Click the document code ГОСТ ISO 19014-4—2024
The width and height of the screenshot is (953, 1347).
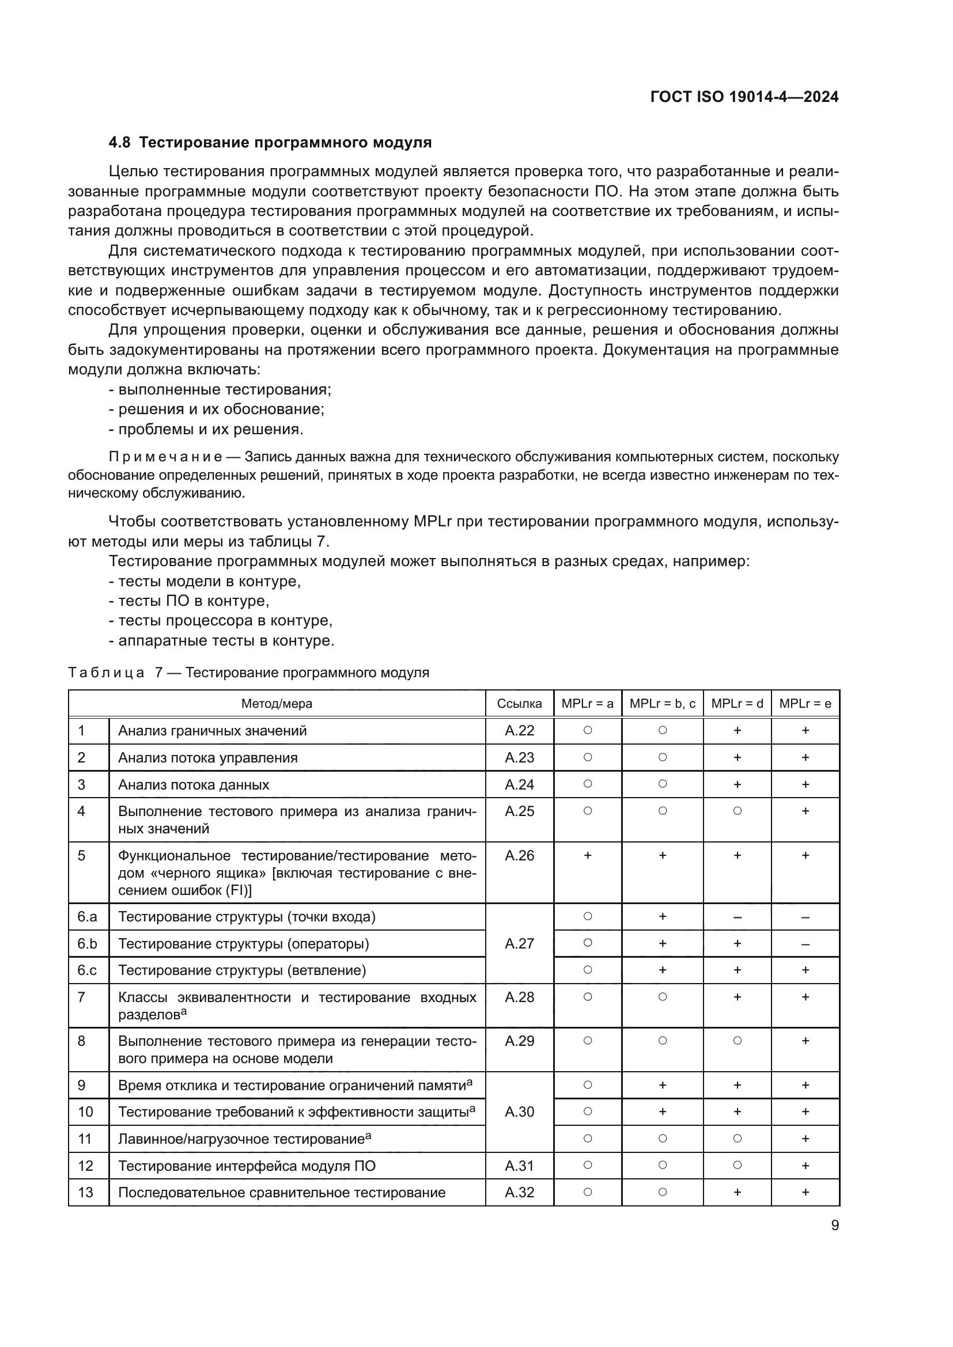[x=744, y=97]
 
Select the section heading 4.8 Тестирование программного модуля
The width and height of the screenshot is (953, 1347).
[x=270, y=143]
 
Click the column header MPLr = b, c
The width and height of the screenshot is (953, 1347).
[x=662, y=703]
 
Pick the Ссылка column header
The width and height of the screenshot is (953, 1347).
[x=519, y=703]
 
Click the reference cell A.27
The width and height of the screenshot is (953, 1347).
[x=519, y=943]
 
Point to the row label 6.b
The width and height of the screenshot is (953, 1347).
[x=88, y=943]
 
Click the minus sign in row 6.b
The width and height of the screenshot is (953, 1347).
[x=805, y=944]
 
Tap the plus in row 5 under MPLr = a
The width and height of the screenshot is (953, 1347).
[x=587, y=855]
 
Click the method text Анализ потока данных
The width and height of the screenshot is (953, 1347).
[x=194, y=784]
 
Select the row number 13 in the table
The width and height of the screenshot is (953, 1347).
[x=86, y=1192]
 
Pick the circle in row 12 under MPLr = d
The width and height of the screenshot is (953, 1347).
[x=737, y=1165]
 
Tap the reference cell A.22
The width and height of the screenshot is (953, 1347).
[x=519, y=730]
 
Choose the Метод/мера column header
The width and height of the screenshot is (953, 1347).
[x=277, y=703]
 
